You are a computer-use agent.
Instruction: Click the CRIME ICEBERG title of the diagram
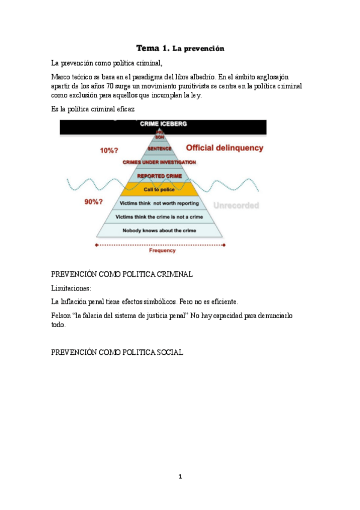[163, 124]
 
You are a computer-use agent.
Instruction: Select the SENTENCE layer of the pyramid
[159, 149]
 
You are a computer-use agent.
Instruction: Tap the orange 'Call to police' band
[159, 189]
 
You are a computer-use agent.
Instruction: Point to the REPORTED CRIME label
[159, 176]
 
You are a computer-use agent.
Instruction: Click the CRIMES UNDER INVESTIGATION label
[159, 162]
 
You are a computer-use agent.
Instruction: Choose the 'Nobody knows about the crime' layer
[160, 230]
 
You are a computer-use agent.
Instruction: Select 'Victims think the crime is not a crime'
[160, 217]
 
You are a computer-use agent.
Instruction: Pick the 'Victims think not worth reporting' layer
[160, 203]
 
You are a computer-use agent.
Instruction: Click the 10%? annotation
[109, 151]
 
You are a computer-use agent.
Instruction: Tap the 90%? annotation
[93, 202]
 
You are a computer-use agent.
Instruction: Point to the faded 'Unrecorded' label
[238, 205]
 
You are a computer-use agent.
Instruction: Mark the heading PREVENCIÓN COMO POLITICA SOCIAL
[117, 352]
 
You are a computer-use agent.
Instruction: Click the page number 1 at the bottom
[180, 477]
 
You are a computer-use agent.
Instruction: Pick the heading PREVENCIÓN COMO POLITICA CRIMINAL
[122, 274]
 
